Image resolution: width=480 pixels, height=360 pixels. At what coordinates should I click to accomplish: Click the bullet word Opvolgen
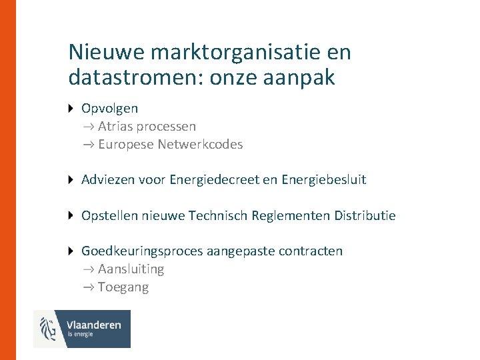tap(109, 108)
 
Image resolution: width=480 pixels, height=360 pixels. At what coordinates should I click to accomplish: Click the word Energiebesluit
tap(324, 180)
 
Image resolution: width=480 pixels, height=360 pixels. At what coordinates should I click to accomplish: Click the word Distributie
tap(365, 215)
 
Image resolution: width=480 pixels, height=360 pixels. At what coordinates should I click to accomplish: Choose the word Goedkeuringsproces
tap(142, 251)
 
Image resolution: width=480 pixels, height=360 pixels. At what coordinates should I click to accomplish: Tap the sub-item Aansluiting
tap(131, 269)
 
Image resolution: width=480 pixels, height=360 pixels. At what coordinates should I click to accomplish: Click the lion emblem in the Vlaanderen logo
tap(49, 329)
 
